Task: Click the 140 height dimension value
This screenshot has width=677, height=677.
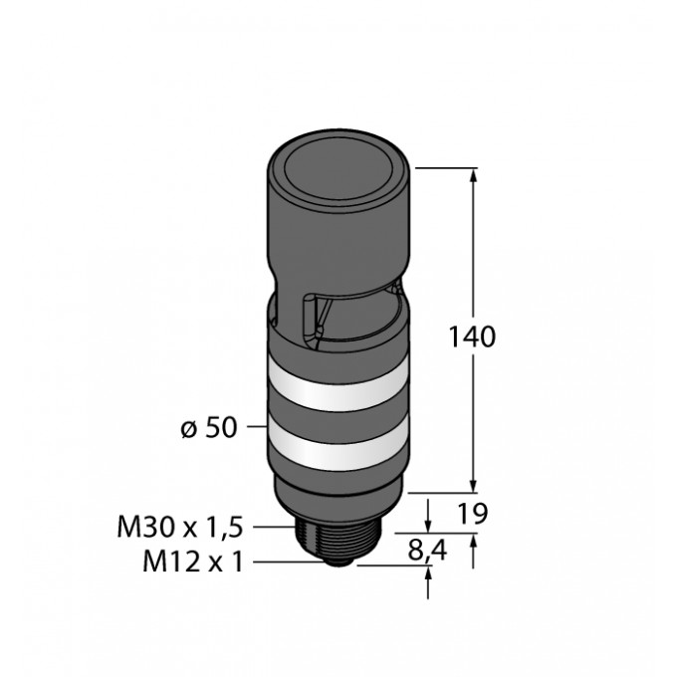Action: tap(472, 337)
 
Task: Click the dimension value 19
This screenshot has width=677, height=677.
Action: tap(472, 514)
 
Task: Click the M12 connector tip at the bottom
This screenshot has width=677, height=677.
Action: tap(338, 560)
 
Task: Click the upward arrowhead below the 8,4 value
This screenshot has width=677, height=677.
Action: tap(429, 574)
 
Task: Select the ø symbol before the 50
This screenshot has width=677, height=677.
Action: tap(186, 429)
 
